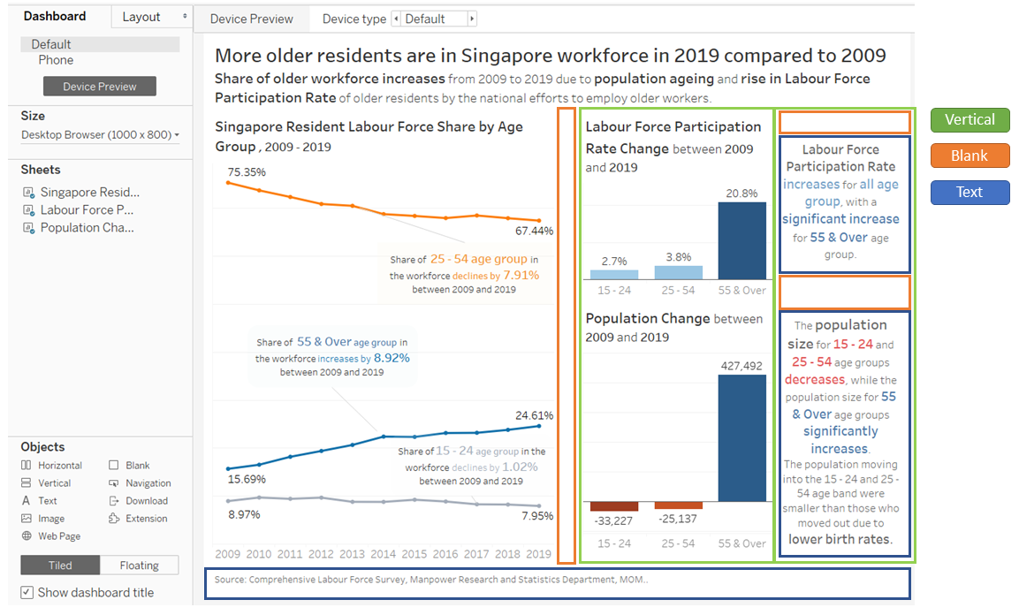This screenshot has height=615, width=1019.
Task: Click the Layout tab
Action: tap(141, 17)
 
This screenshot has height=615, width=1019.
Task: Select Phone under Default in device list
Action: tap(56, 60)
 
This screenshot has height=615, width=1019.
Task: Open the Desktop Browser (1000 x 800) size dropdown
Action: tap(100, 135)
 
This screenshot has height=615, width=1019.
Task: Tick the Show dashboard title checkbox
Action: tap(27, 593)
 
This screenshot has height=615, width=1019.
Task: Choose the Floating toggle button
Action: tap(139, 566)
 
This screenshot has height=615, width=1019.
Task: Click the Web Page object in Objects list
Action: tap(58, 536)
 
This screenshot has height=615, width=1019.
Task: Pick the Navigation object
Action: tap(148, 483)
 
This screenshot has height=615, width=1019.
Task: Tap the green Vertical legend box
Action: tap(970, 120)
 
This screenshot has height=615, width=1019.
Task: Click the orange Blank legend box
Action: tap(970, 156)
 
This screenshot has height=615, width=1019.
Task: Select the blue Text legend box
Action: tap(970, 193)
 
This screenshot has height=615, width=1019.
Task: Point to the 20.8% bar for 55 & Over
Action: tap(741, 240)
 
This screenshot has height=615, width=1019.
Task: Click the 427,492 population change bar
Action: tap(741, 437)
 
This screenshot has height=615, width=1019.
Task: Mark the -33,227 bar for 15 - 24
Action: tap(613, 505)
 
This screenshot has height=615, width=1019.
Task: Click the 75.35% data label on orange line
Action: tap(246, 171)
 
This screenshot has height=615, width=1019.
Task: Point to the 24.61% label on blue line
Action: tap(535, 415)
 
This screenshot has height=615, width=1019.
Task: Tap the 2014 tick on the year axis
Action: tap(384, 554)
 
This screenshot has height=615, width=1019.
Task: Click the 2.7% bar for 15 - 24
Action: tap(613, 274)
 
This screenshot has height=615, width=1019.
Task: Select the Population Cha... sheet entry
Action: tap(87, 228)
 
